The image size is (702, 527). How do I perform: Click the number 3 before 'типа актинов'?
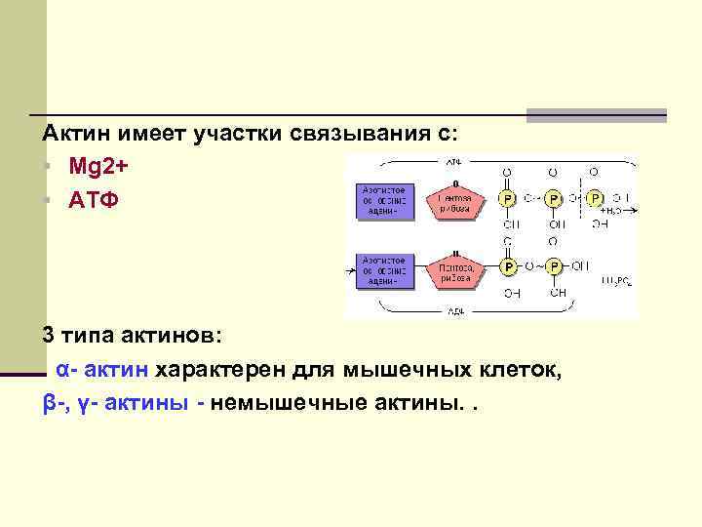point(48,336)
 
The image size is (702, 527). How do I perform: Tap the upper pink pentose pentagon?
point(455,199)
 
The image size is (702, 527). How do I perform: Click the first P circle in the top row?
point(507,198)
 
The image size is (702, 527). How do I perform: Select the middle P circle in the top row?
point(553,198)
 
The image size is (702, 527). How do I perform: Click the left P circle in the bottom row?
point(507,265)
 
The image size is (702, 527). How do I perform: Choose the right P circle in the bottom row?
point(553,265)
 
